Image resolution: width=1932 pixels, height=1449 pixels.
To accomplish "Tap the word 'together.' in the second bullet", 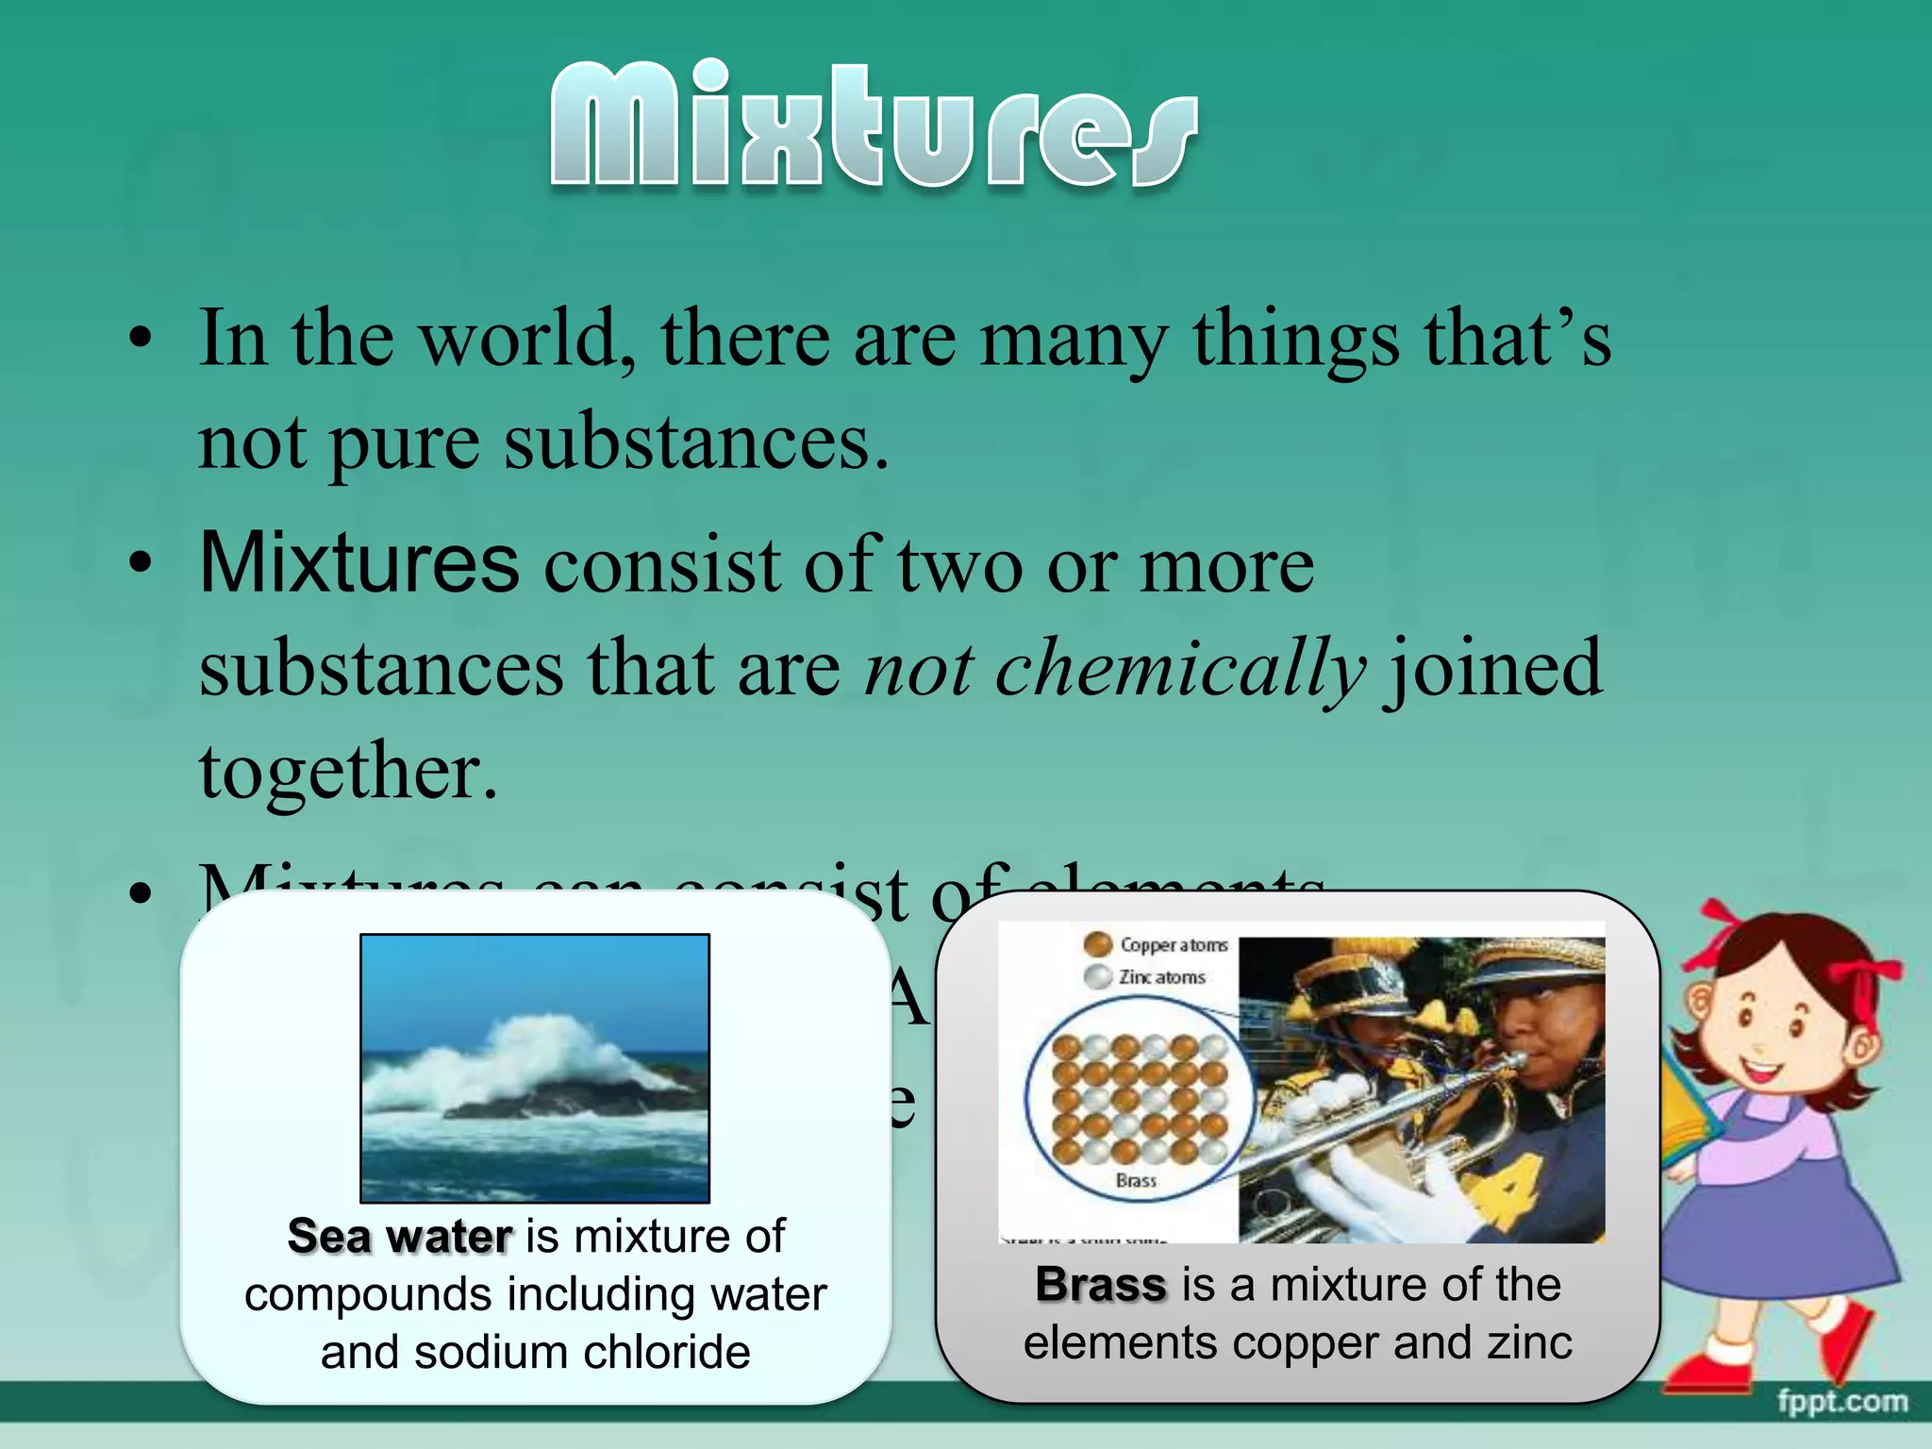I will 347,772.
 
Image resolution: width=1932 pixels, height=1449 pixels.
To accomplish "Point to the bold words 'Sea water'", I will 400,1236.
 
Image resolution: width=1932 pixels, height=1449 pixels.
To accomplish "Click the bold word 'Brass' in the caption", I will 1101,1285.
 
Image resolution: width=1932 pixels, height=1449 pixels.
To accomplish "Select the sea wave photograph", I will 535,1068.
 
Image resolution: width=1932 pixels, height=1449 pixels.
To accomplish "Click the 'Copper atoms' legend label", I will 1174,944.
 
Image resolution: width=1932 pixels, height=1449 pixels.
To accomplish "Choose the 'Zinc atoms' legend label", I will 1162,977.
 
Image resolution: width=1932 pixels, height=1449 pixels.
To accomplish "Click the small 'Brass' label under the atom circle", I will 1136,1181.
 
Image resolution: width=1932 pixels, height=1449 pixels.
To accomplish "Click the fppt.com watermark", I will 1841,1402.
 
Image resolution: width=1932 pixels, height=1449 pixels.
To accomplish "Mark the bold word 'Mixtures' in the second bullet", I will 359,564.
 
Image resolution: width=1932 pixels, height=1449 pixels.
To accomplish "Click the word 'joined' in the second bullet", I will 1491,668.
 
